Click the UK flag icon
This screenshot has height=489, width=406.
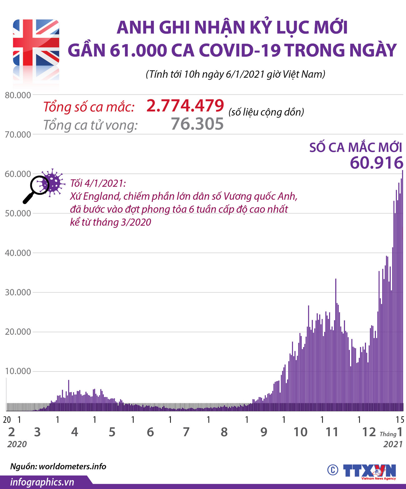coord(36,42)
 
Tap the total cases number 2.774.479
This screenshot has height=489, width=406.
coord(185,105)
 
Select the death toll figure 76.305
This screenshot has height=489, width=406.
coord(197,124)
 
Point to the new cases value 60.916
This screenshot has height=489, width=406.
coord(376,163)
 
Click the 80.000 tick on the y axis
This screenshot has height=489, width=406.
coord(18,95)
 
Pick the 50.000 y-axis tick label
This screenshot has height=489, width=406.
coord(18,213)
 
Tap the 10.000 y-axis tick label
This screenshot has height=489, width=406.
coord(18,371)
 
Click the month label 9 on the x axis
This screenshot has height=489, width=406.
coord(264,432)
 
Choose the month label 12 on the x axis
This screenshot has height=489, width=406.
coord(369,432)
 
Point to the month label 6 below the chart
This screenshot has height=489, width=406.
coord(150,432)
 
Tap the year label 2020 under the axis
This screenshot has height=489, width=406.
coord(17,444)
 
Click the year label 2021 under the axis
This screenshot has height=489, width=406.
coord(393,444)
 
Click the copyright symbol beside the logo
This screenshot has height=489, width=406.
coord(333,470)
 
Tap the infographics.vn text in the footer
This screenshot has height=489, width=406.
coord(42,482)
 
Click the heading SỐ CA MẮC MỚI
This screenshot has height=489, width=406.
coord(355,148)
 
